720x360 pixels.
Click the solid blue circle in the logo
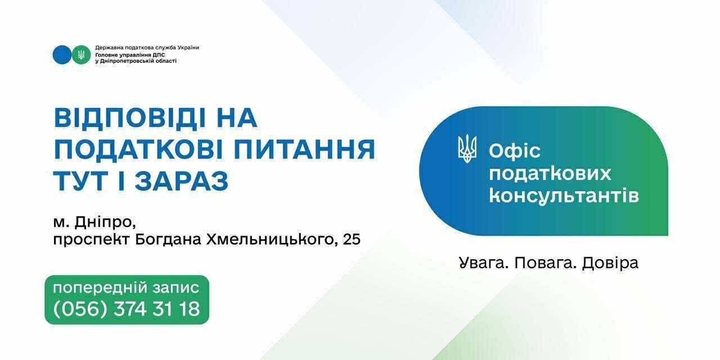[62, 55]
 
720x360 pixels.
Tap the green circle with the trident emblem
[82, 55]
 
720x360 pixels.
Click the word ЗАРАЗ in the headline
[182, 181]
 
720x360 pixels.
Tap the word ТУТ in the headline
[80, 181]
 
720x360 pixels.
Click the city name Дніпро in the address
[104, 222]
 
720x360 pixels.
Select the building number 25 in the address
[352, 240]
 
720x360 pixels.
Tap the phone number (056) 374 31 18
[127, 309]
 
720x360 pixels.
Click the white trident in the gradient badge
[467, 150]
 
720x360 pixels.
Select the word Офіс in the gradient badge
[514, 151]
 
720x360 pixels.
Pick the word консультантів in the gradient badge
[564, 195]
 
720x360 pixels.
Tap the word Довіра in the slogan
[610, 263]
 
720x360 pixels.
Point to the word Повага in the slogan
[545, 263]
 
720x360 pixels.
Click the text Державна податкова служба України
[147, 48]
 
